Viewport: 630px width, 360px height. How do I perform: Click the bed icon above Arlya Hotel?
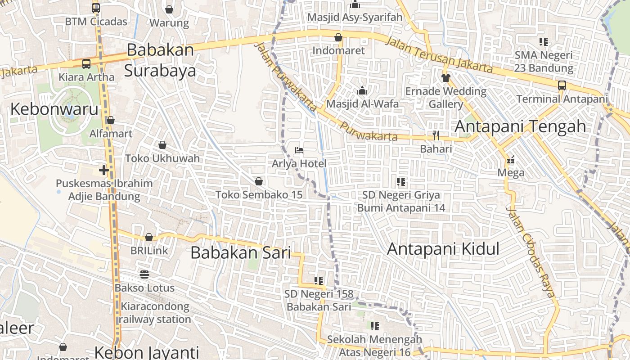click(299, 150)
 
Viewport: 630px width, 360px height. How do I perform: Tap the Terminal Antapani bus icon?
click(562, 85)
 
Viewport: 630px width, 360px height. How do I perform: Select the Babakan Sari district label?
click(241, 252)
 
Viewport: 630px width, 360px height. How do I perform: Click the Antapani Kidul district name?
click(443, 249)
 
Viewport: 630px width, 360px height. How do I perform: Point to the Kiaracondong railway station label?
click(155, 313)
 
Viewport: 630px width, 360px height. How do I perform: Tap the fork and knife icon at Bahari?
click(436, 135)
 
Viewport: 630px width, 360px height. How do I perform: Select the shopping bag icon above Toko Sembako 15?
click(259, 181)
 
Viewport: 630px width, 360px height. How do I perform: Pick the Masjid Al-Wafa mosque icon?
click(362, 91)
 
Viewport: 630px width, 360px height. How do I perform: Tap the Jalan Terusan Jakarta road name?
click(439, 54)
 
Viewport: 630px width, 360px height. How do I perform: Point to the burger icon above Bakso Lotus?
click(144, 274)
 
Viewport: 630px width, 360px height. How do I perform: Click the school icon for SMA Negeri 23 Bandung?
click(544, 42)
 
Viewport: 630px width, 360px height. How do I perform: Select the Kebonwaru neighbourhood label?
click(54, 109)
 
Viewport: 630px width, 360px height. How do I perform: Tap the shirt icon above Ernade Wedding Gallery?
click(445, 77)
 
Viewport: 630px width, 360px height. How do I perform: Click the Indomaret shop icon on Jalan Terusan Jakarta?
click(338, 37)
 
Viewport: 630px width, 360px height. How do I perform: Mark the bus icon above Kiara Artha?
click(86, 64)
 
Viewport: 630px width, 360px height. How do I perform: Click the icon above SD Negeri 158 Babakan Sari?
click(319, 281)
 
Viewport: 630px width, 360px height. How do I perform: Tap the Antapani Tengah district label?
click(520, 126)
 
